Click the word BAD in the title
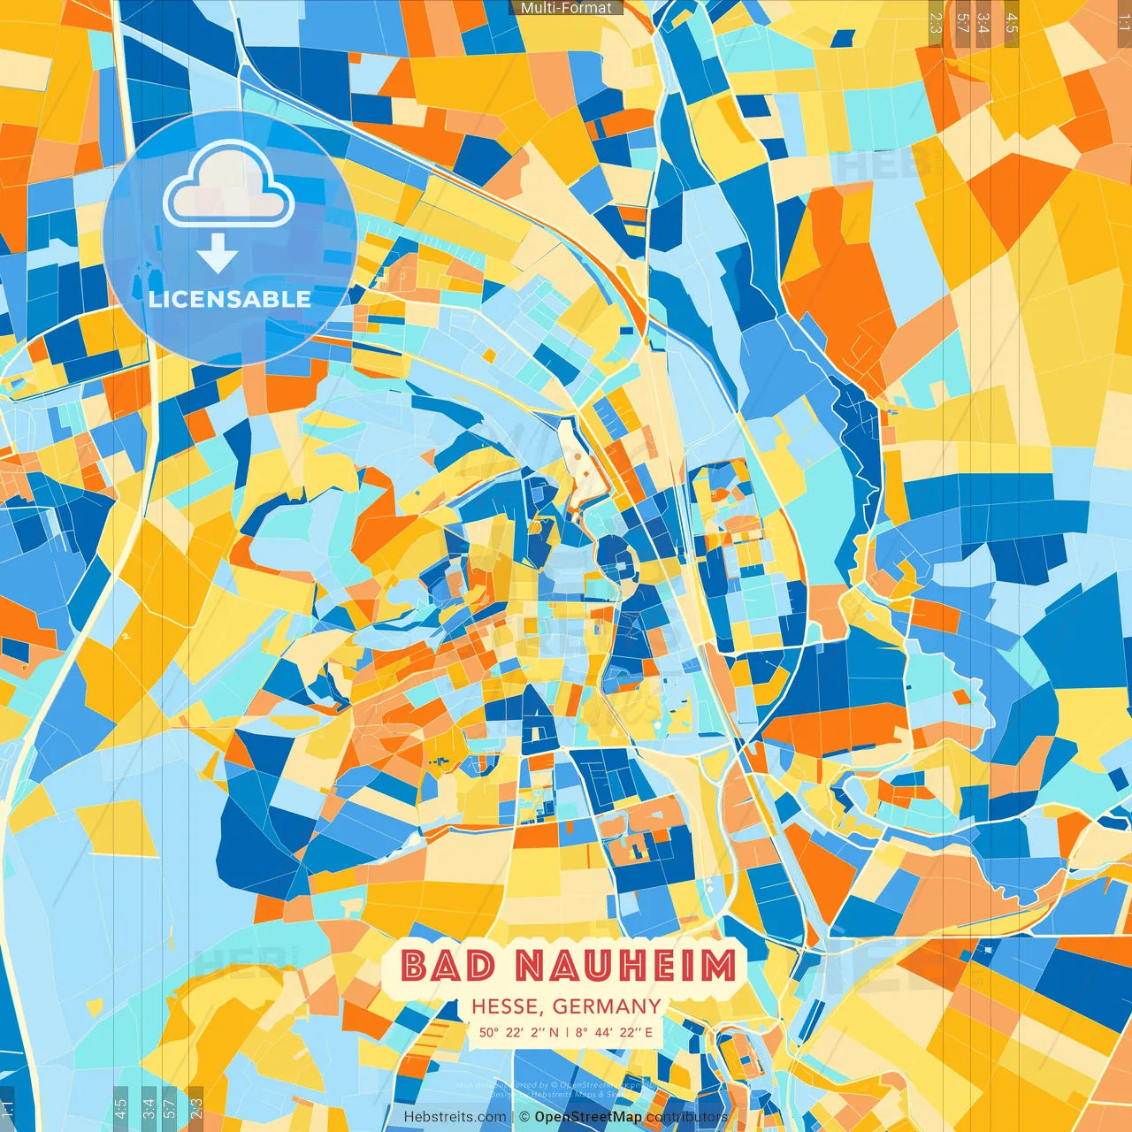coord(447,966)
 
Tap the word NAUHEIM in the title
coord(625,966)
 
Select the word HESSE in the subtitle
coord(507,1006)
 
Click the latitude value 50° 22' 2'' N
coord(519,1032)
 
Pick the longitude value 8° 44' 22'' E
coord(614,1032)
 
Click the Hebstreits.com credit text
coord(455,1117)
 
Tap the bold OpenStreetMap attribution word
coord(588,1117)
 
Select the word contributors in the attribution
coord(687,1117)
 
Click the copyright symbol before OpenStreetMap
coord(524,1117)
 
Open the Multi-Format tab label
coord(566,8)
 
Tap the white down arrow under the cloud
coord(218,254)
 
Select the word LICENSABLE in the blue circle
coord(230,299)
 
